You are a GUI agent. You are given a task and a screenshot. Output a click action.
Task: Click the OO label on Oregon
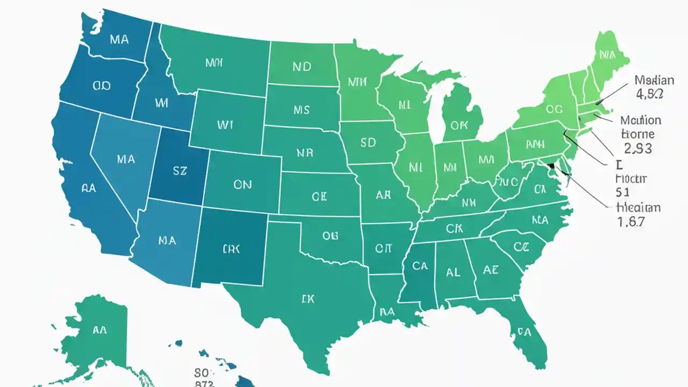tap(102, 85)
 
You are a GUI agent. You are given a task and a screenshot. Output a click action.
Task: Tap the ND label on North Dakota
tap(302, 67)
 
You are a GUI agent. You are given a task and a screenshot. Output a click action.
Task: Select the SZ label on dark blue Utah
tap(179, 171)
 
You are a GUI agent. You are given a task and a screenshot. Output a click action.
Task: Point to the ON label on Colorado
tap(242, 184)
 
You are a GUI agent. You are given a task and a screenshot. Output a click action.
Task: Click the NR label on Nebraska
tap(305, 153)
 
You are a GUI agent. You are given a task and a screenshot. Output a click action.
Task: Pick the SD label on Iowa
tap(368, 143)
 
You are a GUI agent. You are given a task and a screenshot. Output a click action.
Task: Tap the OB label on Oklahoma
tap(330, 235)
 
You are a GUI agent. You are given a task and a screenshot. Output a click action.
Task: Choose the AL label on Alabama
tap(453, 272)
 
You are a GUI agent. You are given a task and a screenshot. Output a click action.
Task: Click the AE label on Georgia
tap(491, 270)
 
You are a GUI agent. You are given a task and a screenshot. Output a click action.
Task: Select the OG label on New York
tap(554, 109)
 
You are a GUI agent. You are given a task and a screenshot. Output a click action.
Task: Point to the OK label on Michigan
tap(460, 126)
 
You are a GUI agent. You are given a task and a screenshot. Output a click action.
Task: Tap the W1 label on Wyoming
tap(226, 125)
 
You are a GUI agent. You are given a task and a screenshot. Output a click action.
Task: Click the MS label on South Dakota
tap(302, 110)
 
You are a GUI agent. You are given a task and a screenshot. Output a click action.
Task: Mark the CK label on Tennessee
tap(454, 228)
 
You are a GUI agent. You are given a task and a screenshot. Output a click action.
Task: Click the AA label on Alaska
tap(99, 330)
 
